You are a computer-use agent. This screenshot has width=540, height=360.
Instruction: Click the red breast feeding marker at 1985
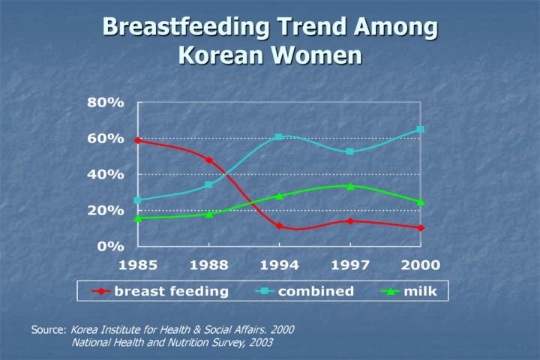(x=138, y=140)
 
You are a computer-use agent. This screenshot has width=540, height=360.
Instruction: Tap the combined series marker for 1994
(x=279, y=137)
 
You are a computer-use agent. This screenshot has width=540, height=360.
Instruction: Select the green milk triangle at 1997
(x=349, y=186)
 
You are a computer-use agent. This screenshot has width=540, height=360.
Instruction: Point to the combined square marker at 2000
(x=420, y=130)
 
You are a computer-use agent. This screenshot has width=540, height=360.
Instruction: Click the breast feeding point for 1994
(x=279, y=226)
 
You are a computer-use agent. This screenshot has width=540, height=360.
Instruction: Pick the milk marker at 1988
(x=208, y=214)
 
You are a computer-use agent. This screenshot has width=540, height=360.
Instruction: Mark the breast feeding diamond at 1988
(x=208, y=160)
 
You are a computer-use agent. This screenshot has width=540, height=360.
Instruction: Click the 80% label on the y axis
(x=105, y=103)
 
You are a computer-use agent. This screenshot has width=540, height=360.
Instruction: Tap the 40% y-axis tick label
(x=105, y=174)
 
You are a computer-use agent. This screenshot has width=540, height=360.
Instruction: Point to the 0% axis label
(x=111, y=245)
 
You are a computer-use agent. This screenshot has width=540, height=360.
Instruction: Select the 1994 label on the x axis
(x=279, y=265)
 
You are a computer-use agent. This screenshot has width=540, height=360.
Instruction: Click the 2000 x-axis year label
(x=420, y=265)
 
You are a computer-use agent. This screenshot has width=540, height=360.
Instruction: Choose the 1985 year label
(x=138, y=265)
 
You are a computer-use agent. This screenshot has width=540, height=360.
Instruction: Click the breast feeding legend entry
(x=170, y=291)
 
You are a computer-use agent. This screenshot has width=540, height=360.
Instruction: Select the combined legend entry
(x=316, y=291)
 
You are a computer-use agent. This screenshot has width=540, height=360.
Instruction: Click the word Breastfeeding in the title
(x=183, y=27)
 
